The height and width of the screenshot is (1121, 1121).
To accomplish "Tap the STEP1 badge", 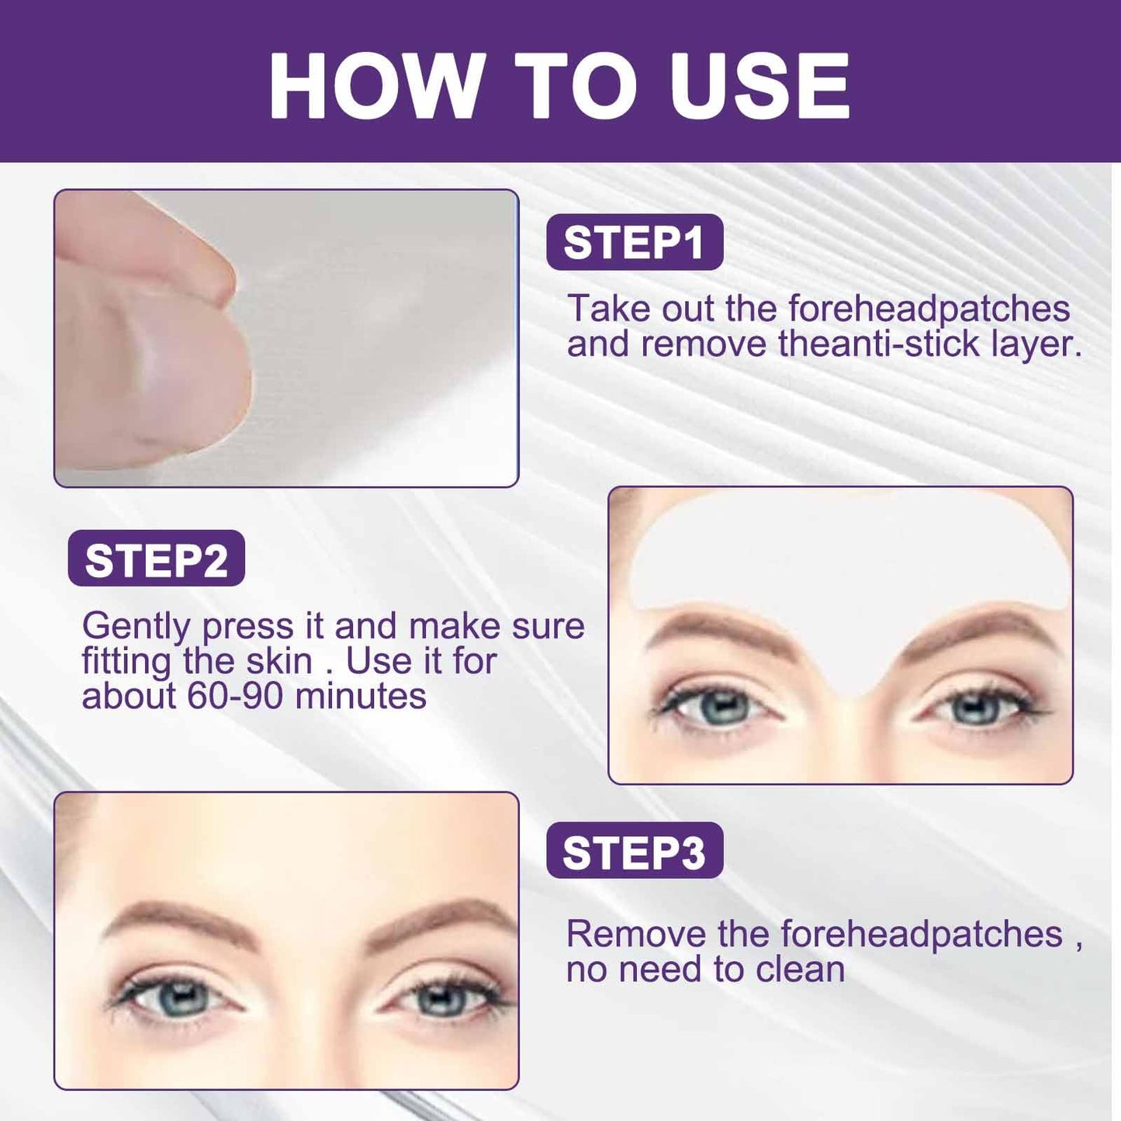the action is (635, 242).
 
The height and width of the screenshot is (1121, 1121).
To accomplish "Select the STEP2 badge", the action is (157, 558).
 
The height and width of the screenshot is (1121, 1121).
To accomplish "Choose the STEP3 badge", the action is (635, 850).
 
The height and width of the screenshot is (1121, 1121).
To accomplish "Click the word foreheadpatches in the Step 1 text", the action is (929, 309).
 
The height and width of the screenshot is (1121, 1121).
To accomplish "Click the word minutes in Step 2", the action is (361, 697).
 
